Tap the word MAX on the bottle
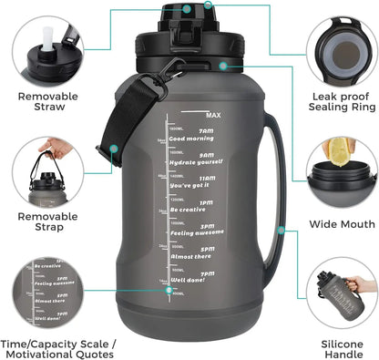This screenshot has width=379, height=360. [x=214, y=116]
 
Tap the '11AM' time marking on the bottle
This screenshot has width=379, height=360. [x=208, y=179]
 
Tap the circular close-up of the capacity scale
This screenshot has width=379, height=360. [x=45, y=291]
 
